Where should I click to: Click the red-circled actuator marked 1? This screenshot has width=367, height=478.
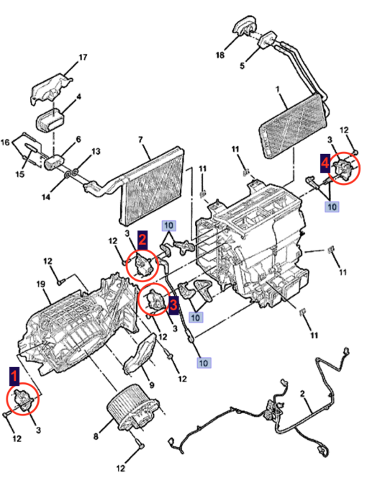pyautogui.click(x=23, y=400)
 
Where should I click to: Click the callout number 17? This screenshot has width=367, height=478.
pyautogui.click(x=82, y=57)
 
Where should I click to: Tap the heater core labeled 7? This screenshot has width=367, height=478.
pyautogui.click(x=151, y=184)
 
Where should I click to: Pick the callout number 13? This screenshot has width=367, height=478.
pyautogui.click(x=96, y=153)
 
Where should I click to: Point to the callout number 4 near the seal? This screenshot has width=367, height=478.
pyautogui.click(x=78, y=96)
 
